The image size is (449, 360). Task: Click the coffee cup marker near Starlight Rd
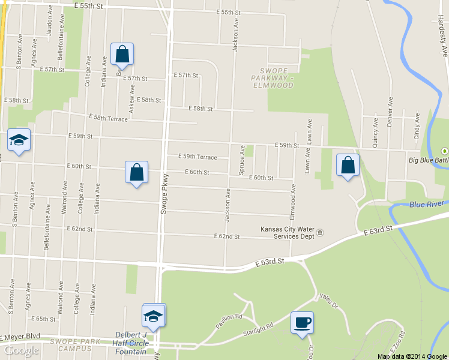coord(302,323)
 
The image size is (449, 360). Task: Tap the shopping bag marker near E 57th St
coord(122,55)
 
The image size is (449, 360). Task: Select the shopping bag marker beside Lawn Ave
coord(348,165)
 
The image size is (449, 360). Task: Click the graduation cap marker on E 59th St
coord(19,141)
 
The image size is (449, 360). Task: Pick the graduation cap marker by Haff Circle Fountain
coord(154,316)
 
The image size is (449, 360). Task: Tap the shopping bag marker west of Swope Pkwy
coord(136,172)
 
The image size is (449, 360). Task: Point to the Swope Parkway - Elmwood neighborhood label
coord(273,78)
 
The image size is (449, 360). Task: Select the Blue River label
coord(426,205)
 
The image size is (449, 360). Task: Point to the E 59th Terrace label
coord(197,157)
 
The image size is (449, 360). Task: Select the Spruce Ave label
coord(242,160)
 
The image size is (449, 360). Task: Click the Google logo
coord(22,350)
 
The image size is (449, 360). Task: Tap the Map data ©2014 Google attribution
coord(412,356)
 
